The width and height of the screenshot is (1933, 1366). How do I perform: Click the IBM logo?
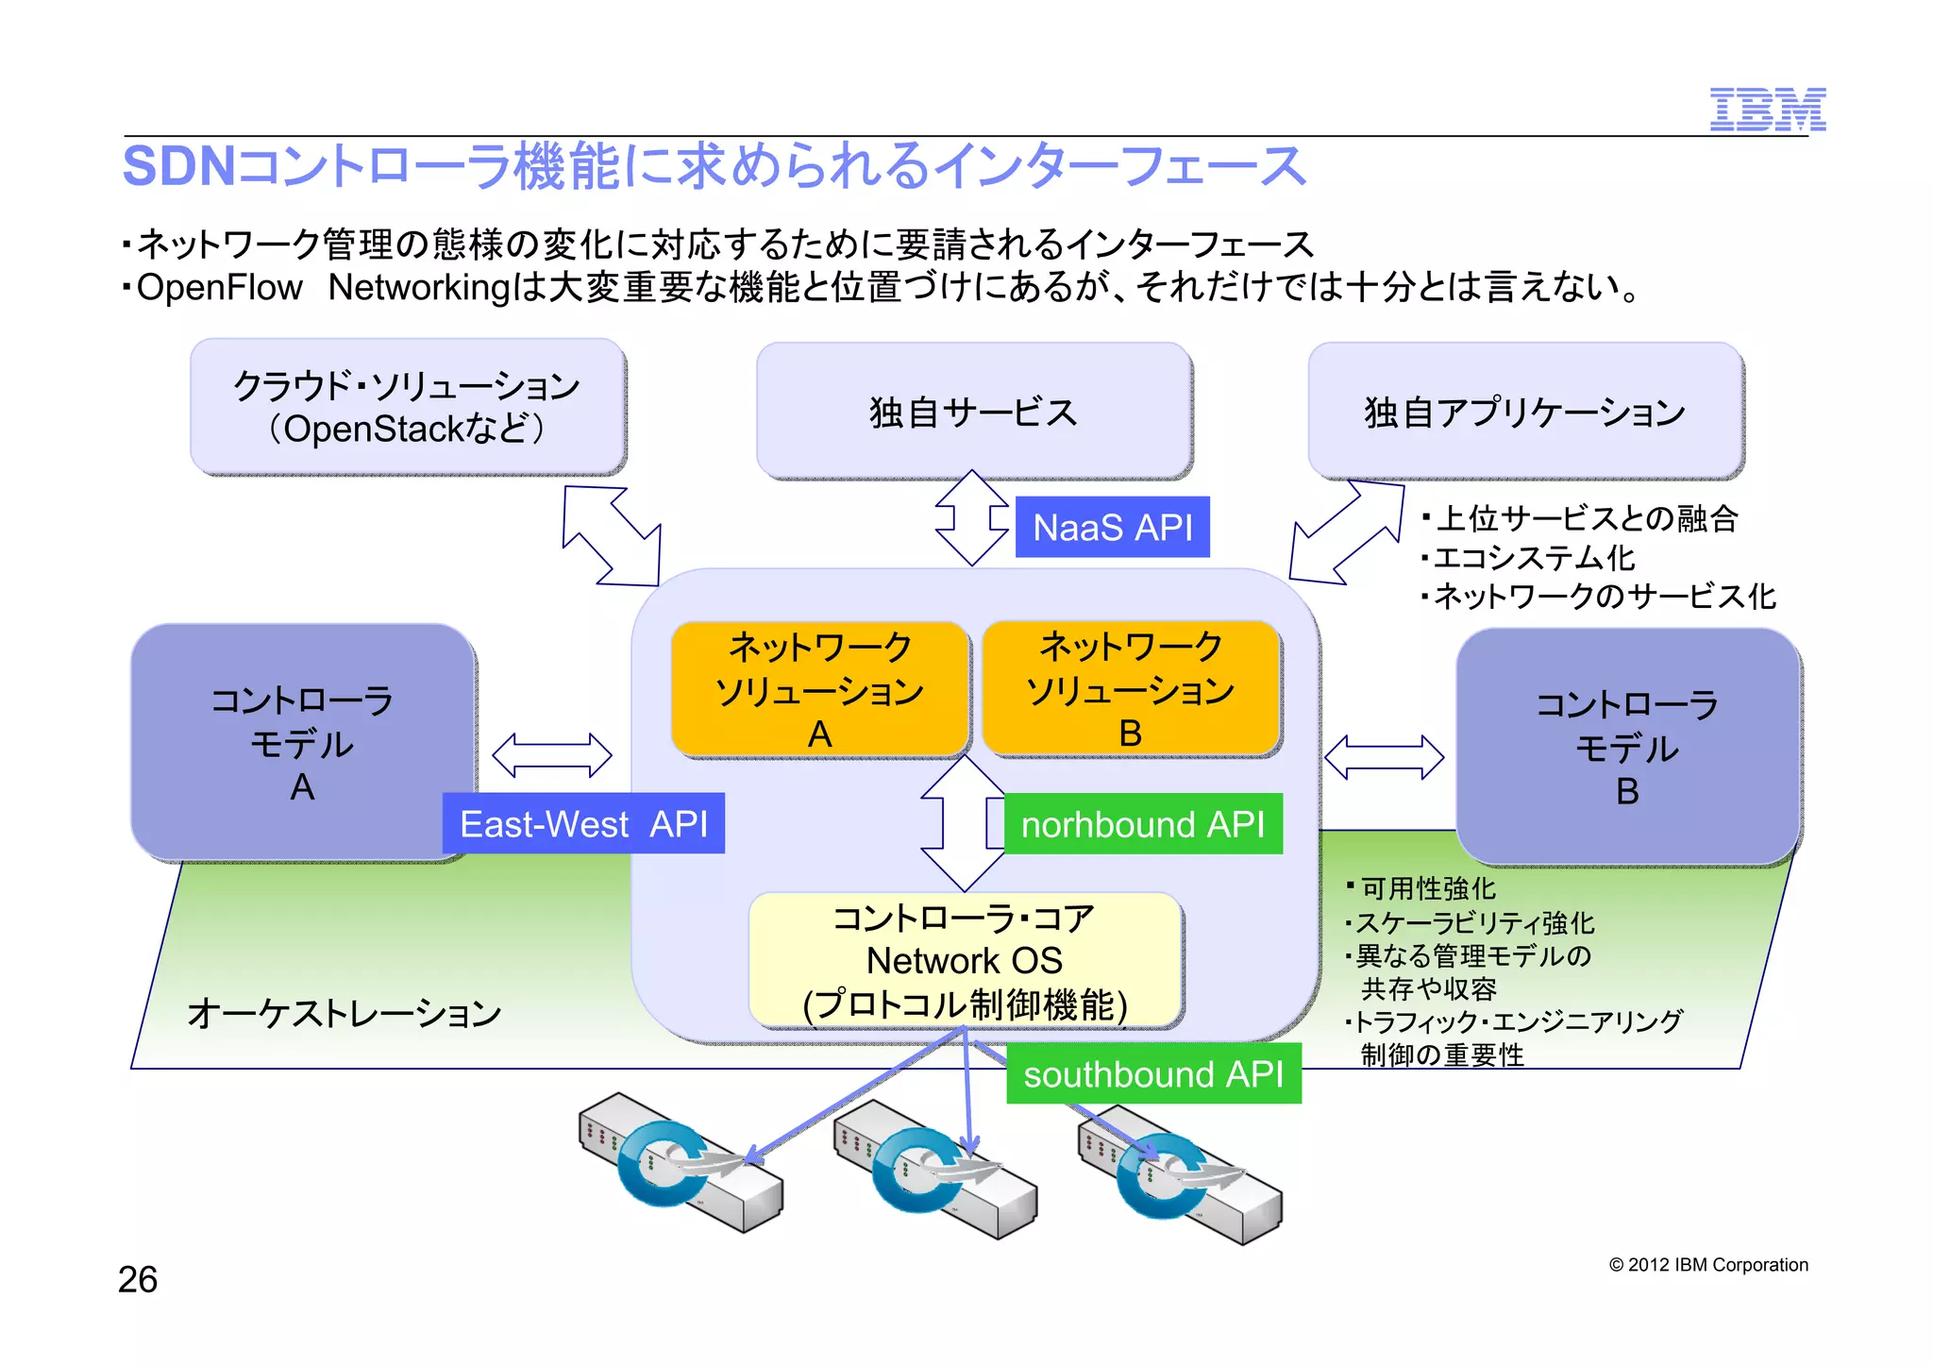tap(1767, 110)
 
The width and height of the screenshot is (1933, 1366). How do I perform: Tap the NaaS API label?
tap(1112, 527)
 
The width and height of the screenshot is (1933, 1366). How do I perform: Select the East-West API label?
tap(583, 823)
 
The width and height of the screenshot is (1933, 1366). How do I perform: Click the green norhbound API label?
tap(1142, 824)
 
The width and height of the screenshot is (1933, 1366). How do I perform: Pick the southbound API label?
tap(1153, 1073)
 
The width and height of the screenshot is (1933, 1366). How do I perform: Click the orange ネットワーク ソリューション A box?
tap(819, 689)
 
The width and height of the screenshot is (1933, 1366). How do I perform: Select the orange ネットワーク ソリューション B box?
tap(1130, 689)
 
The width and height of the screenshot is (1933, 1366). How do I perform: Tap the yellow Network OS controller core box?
tap(965, 960)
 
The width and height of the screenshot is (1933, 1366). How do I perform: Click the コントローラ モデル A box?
tap(302, 742)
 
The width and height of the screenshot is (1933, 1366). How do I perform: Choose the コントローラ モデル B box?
tap(1627, 746)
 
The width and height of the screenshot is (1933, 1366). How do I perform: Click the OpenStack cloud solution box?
tap(407, 407)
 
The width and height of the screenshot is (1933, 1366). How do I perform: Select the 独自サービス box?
tap(973, 412)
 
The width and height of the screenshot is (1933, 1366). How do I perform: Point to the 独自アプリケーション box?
tap(1524, 412)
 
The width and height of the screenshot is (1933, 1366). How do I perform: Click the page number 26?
tap(138, 1279)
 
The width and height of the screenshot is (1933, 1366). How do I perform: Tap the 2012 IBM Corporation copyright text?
tap(1708, 1265)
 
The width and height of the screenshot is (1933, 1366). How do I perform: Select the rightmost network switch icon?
tap(1180, 1171)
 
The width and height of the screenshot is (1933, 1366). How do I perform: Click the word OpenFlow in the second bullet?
tap(219, 287)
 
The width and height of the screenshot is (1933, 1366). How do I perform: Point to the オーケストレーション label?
tap(345, 1013)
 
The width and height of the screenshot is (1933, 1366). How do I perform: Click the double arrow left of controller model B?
tap(1384, 757)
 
